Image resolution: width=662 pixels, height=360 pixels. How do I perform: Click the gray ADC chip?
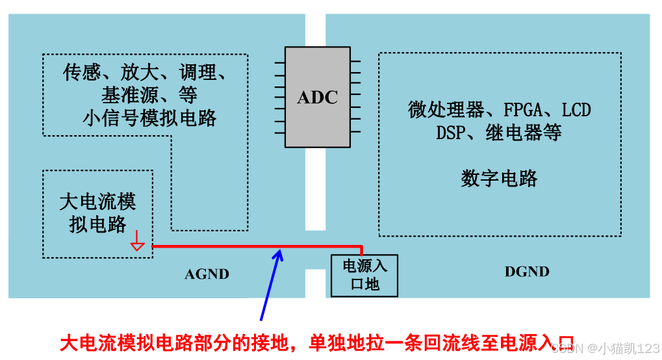(x=318, y=97)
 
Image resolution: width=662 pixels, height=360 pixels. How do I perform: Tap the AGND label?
(x=207, y=274)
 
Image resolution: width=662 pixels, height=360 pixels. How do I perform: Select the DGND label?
(x=527, y=272)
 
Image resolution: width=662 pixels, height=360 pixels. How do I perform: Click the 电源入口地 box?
(x=364, y=275)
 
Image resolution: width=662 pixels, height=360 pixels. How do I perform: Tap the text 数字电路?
(x=499, y=179)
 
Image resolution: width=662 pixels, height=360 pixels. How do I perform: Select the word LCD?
(x=576, y=110)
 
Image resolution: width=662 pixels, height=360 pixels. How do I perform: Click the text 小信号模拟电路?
(x=149, y=118)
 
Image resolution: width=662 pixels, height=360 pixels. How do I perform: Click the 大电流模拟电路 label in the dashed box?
(x=97, y=212)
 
